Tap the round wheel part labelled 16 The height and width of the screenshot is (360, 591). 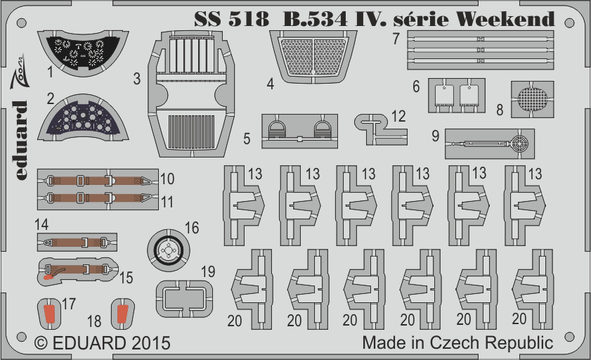coord(169,250)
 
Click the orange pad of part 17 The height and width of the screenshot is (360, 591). coord(49,315)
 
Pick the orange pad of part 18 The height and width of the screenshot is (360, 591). coord(122,314)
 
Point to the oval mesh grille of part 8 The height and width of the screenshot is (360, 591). coord(532,99)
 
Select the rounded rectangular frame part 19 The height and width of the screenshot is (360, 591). coord(184,299)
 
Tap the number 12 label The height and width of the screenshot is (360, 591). coord(398,117)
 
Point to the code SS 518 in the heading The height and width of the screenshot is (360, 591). coord(231,19)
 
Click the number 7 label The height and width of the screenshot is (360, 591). coord(396,39)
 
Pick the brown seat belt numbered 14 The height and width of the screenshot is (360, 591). coord(77,242)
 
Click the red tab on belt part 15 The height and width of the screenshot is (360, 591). coord(48,278)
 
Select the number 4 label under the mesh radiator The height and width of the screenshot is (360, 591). coord(271,84)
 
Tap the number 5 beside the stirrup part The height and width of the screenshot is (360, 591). coord(247,139)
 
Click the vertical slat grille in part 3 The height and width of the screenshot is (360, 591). coord(191,131)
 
